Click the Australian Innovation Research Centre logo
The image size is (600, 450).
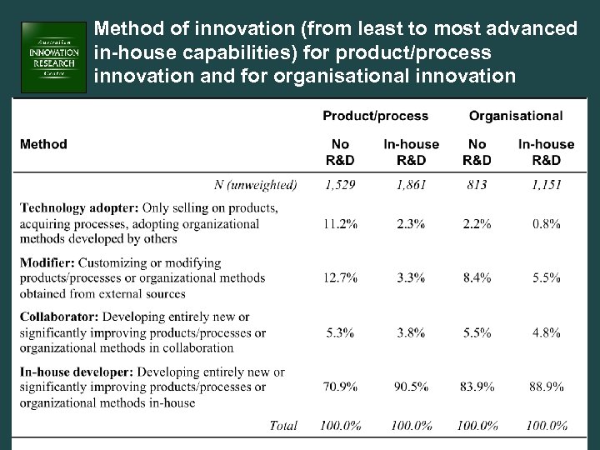point(54,57)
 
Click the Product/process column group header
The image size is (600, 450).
point(375,116)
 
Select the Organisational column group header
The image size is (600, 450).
point(515,116)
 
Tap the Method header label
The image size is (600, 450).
point(43,144)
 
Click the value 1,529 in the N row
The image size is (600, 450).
point(340,185)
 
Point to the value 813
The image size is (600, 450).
point(477,185)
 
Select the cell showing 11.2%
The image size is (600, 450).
point(340,223)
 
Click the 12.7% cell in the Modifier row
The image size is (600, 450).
point(340,278)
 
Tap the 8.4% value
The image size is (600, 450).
point(477,278)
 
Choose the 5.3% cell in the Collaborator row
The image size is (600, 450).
point(340,332)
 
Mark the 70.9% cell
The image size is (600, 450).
point(340,387)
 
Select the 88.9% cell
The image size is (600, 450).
point(546,387)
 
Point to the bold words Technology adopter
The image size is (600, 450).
point(78,207)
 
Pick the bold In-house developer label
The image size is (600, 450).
point(77,372)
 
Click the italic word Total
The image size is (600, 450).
point(283,425)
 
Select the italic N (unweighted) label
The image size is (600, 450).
point(256,185)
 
